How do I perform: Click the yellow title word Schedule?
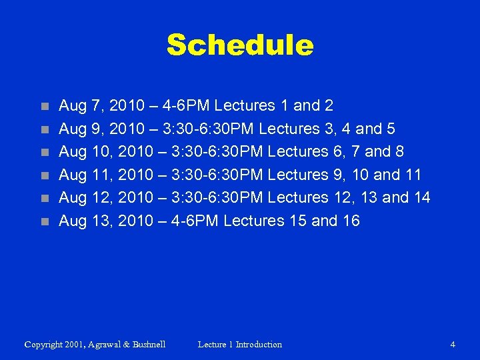coord(239,45)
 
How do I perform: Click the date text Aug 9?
coord(78,129)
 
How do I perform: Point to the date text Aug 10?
coord(82,151)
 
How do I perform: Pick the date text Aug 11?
coord(82,175)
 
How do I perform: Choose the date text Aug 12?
coord(82,197)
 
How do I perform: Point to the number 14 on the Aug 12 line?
coord(420,197)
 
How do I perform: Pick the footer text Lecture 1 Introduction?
coord(240,345)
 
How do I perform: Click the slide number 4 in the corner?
coord(453,345)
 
